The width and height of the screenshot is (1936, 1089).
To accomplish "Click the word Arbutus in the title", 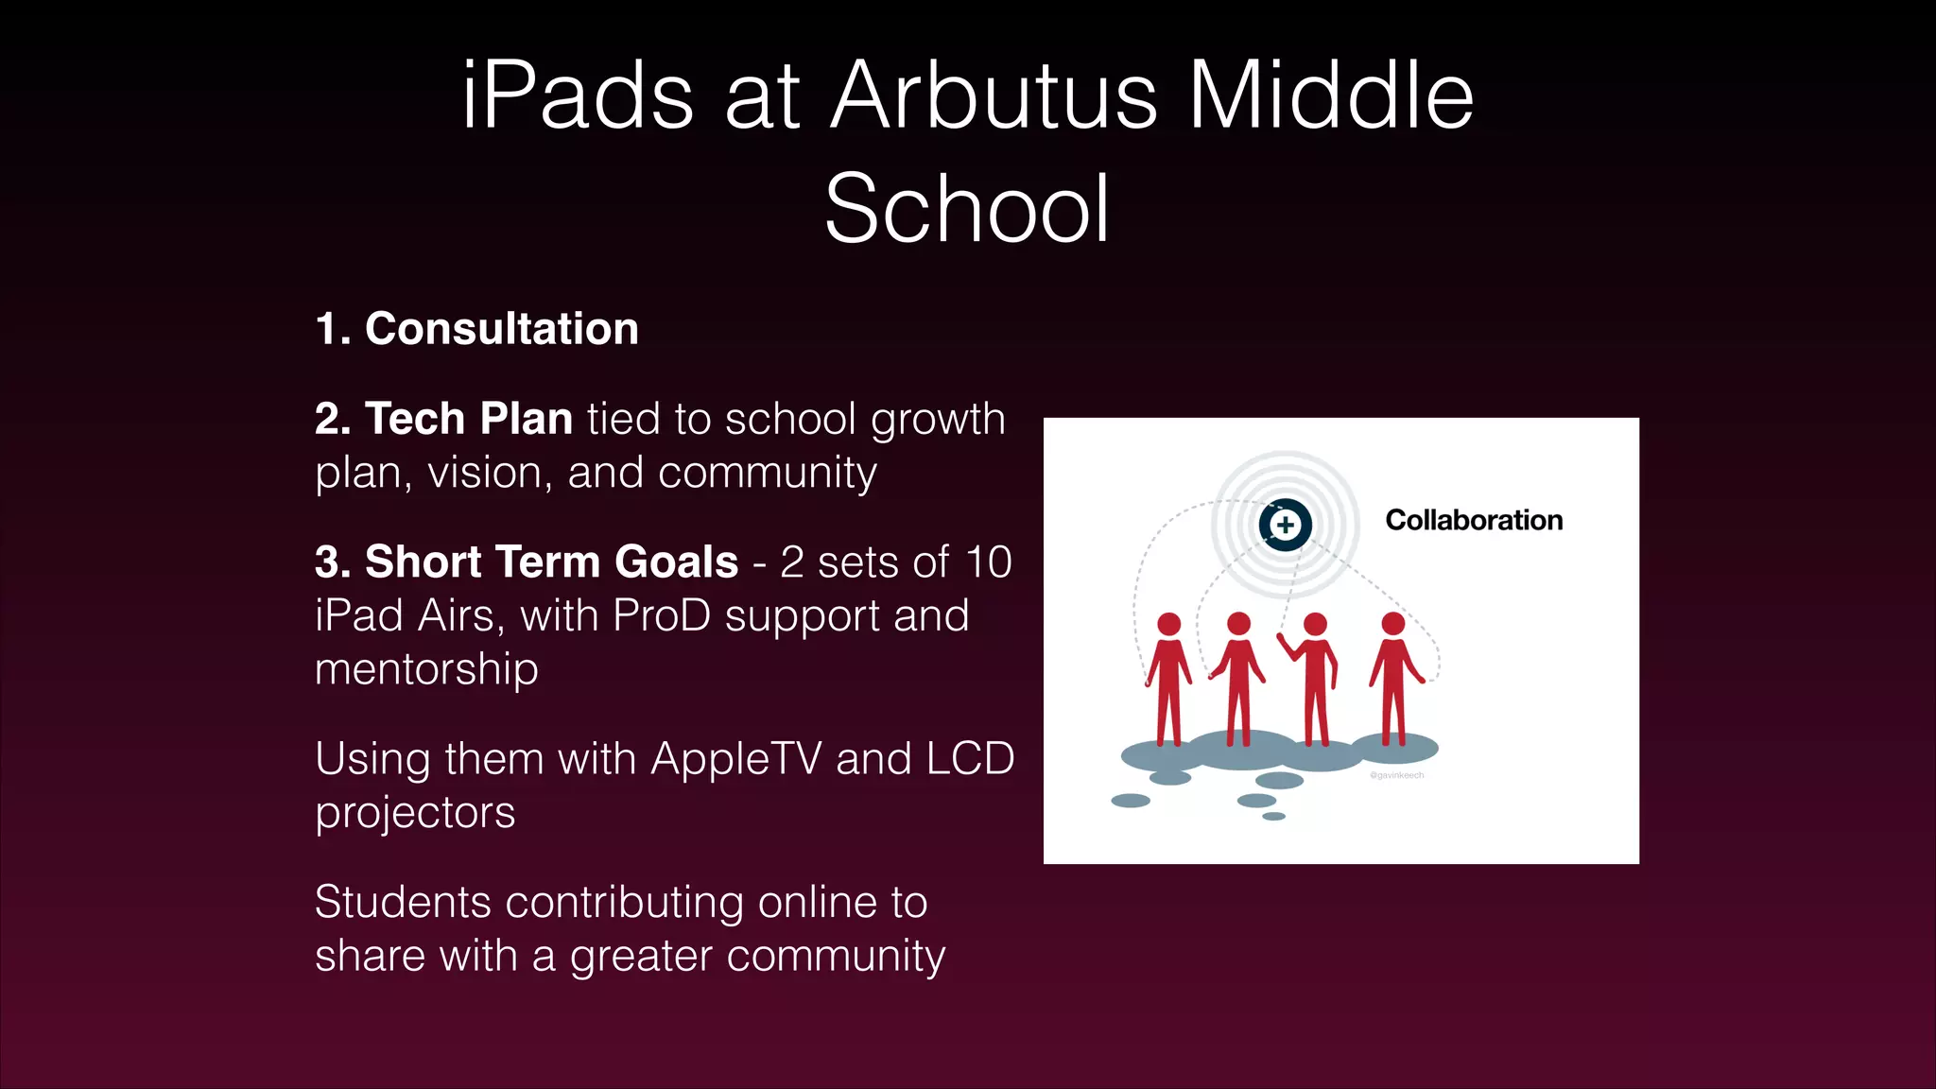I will (993, 96).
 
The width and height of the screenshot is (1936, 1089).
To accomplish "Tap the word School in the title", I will (967, 210).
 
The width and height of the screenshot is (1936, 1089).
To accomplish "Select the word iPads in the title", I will (578, 96).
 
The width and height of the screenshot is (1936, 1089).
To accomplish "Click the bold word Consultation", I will (501, 329).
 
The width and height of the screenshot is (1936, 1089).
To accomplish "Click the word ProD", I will (661, 616).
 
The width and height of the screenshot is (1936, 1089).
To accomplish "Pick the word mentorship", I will (426, 669).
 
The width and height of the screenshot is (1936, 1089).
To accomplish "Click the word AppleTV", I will (735, 759).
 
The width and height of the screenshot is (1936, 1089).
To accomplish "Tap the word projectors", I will (415, 813).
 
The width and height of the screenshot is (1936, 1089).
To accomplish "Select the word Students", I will (403, 903).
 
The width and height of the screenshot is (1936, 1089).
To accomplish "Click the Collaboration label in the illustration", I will (1473, 520).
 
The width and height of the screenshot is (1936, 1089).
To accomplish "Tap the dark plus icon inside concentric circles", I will (1285, 525).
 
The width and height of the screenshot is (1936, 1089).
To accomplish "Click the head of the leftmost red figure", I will (1169, 624).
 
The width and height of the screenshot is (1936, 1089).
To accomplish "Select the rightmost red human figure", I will (1393, 681).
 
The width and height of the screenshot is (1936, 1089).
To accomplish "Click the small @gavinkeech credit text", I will (1396, 775).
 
